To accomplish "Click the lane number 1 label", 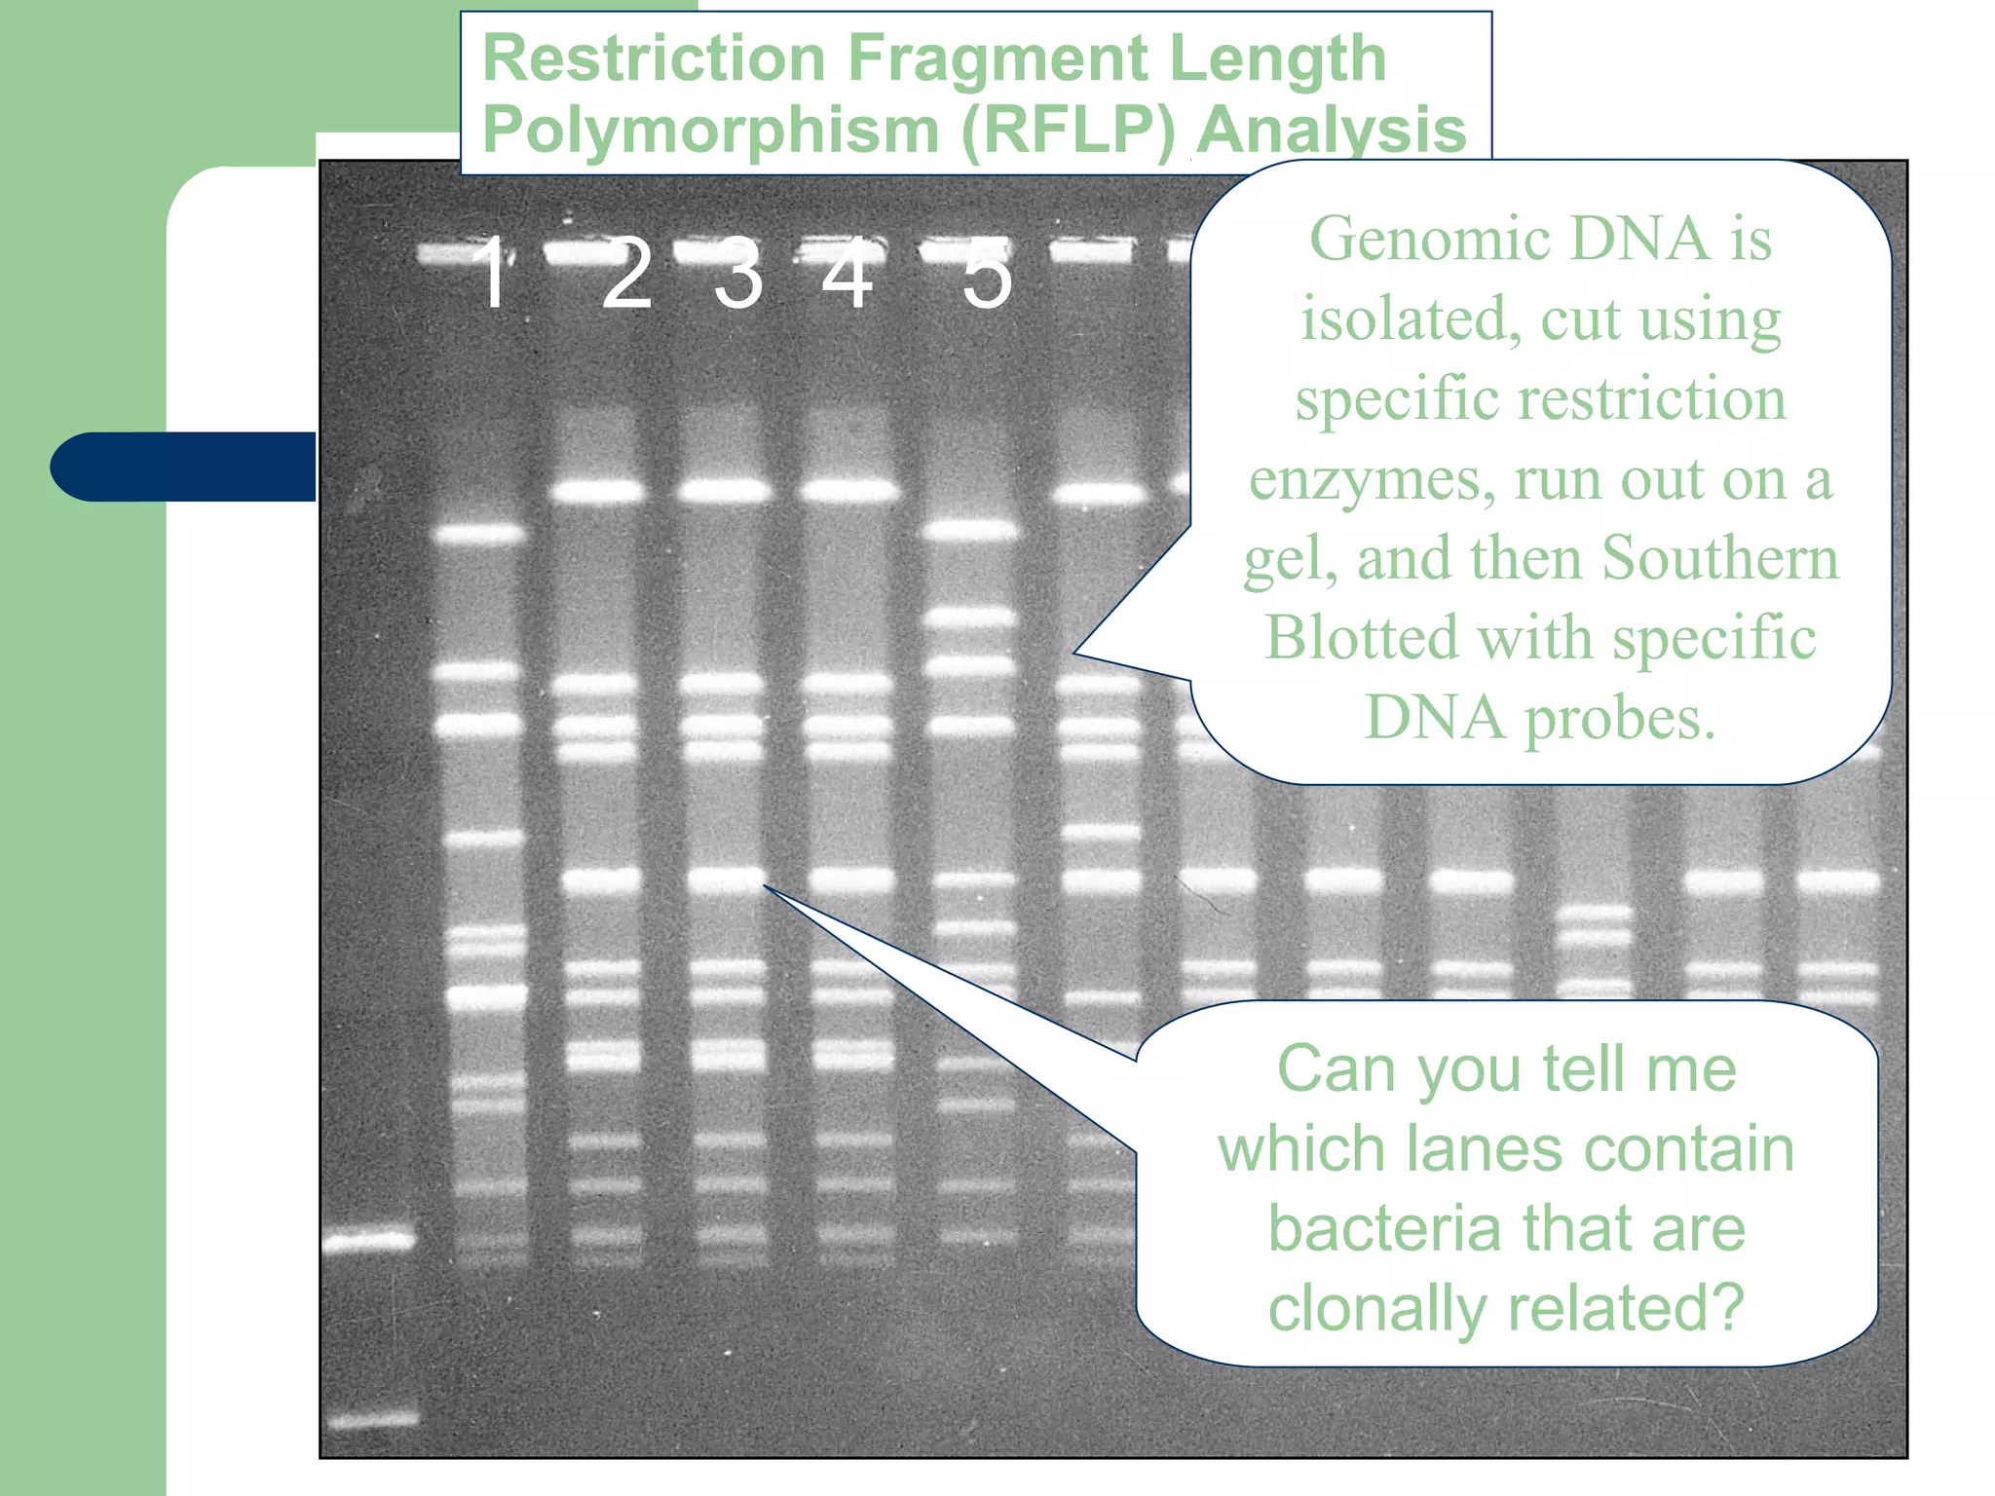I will (493, 275).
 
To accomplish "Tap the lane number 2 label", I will (626, 275).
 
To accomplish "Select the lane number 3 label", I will (737, 275).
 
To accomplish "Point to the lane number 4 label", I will (847, 275).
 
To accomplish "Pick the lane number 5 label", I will (987, 275).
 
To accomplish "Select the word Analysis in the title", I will (1331, 131).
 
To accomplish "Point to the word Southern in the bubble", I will (1719, 558).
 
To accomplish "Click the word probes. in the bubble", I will (1619, 719).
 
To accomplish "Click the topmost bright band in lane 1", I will (479, 534).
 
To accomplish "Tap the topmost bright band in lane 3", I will (725, 490).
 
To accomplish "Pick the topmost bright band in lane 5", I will (970, 531).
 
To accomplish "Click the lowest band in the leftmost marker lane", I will (370, 1420).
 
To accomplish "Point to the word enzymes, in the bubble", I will (1372, 479).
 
